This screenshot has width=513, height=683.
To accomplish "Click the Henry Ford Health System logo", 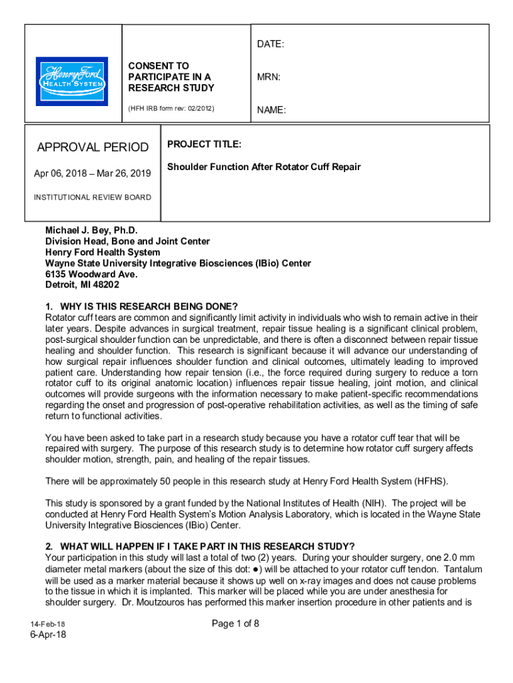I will [x=71, y=80].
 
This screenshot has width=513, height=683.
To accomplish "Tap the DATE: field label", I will [x=270, y=44].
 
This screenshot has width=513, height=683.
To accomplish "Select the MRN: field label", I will [x=268, y=77].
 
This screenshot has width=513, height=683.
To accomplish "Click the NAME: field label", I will [x=271, y=110].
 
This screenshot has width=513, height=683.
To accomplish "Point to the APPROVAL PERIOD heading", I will [x=93, y=147].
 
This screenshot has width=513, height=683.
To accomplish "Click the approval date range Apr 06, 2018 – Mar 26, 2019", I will [x=93, y=174].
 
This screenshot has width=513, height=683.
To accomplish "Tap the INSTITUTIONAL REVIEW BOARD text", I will [x=93, y=197].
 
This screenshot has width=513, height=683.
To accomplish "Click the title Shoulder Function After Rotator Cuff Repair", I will [x=264, y=167].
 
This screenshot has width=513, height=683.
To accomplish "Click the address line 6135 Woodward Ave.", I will [x=91, y=274].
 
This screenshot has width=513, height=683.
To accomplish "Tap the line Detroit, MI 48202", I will [x=83, y=285].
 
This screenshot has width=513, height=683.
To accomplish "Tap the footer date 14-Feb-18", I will [x=47, y=624].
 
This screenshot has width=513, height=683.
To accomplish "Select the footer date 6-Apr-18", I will [x=47, y=634].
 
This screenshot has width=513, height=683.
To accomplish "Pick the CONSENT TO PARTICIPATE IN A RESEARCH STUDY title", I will [x=171, y=77].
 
